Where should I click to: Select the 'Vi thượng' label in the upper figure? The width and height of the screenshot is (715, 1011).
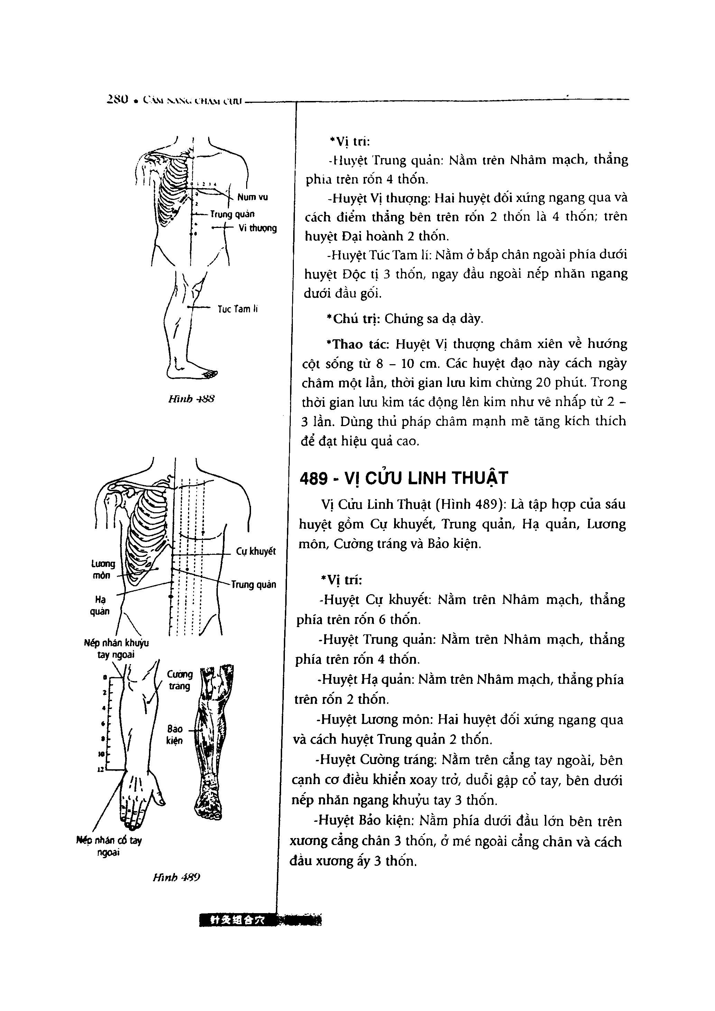point(258,228)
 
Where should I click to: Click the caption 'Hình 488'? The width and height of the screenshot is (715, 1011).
point(191,399)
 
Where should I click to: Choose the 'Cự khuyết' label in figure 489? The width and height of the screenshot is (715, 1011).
point(256,551)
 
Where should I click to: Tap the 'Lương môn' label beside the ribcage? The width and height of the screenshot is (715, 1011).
point(103,569)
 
